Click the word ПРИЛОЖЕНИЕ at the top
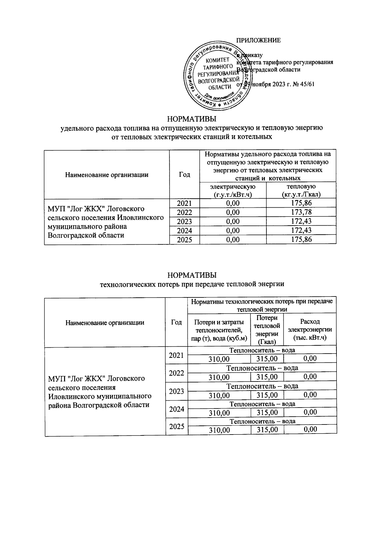coord(258,40)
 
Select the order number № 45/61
coord(303,84)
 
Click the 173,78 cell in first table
coord(301,212)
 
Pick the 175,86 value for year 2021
coord(301,203)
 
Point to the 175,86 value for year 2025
coord(301,240)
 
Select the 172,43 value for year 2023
coord(301,221)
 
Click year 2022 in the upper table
coord(184,212)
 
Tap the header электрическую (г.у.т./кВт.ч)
coord(232,191)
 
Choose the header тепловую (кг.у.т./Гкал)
coord(301,191)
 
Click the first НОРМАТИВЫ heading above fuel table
coord(192,119)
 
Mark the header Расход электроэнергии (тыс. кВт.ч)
coord(310,330)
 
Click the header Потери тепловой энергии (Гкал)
coord(266,330)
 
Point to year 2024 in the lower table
coord(176,409)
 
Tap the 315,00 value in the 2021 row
coord(267,359)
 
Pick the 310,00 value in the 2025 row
coord(219,430)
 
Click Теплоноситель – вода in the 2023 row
coord(262,386)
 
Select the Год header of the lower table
coord(176,322)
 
